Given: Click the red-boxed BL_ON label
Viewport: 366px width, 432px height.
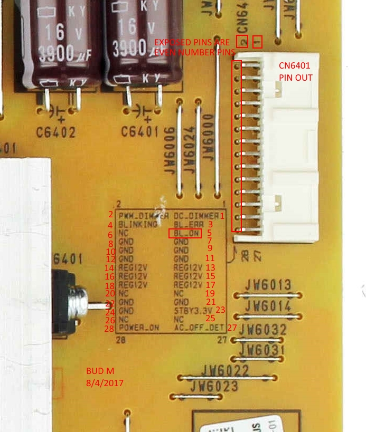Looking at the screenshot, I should tap(185, 233).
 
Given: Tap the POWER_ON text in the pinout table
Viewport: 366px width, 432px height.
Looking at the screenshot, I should tap(139, 328).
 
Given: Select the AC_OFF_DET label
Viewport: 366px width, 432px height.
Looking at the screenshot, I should tap(200, 328).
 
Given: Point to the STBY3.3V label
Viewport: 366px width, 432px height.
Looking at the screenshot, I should tap(193, 310).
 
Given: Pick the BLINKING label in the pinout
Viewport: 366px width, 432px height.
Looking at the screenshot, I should tap(138, 224).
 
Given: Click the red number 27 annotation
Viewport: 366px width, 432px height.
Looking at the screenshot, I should tap(232, 328).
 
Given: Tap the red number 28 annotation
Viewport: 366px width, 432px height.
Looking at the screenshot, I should tap(109, 329).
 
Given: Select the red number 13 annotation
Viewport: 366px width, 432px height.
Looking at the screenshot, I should tap(210, 267).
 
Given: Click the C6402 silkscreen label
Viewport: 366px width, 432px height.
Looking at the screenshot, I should tap(56, 132).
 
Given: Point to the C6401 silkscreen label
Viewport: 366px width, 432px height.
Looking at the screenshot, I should tap(139, 132).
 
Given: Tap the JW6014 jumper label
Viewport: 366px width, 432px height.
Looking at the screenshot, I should tap(268, 306).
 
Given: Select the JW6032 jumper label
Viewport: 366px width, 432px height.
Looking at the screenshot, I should tap(263, 330).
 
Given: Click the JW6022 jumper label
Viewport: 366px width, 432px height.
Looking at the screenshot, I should tap(224, 370).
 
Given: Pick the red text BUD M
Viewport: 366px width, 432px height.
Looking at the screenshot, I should tap(100, 371).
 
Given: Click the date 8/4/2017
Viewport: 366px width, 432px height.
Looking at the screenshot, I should tap(105, 382).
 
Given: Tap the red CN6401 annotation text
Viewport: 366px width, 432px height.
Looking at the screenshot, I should tap(295, 66).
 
